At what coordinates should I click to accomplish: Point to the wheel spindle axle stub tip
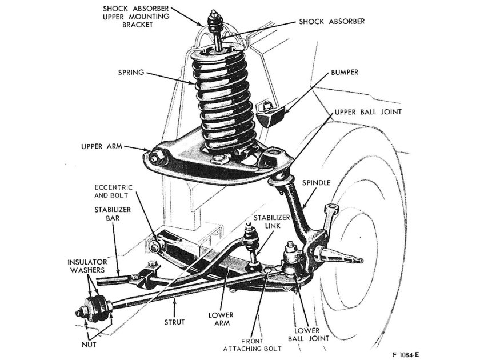pyautogui.click(x=359, y=261)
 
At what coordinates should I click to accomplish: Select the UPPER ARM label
pyautogui.click(x=101, y=146)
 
